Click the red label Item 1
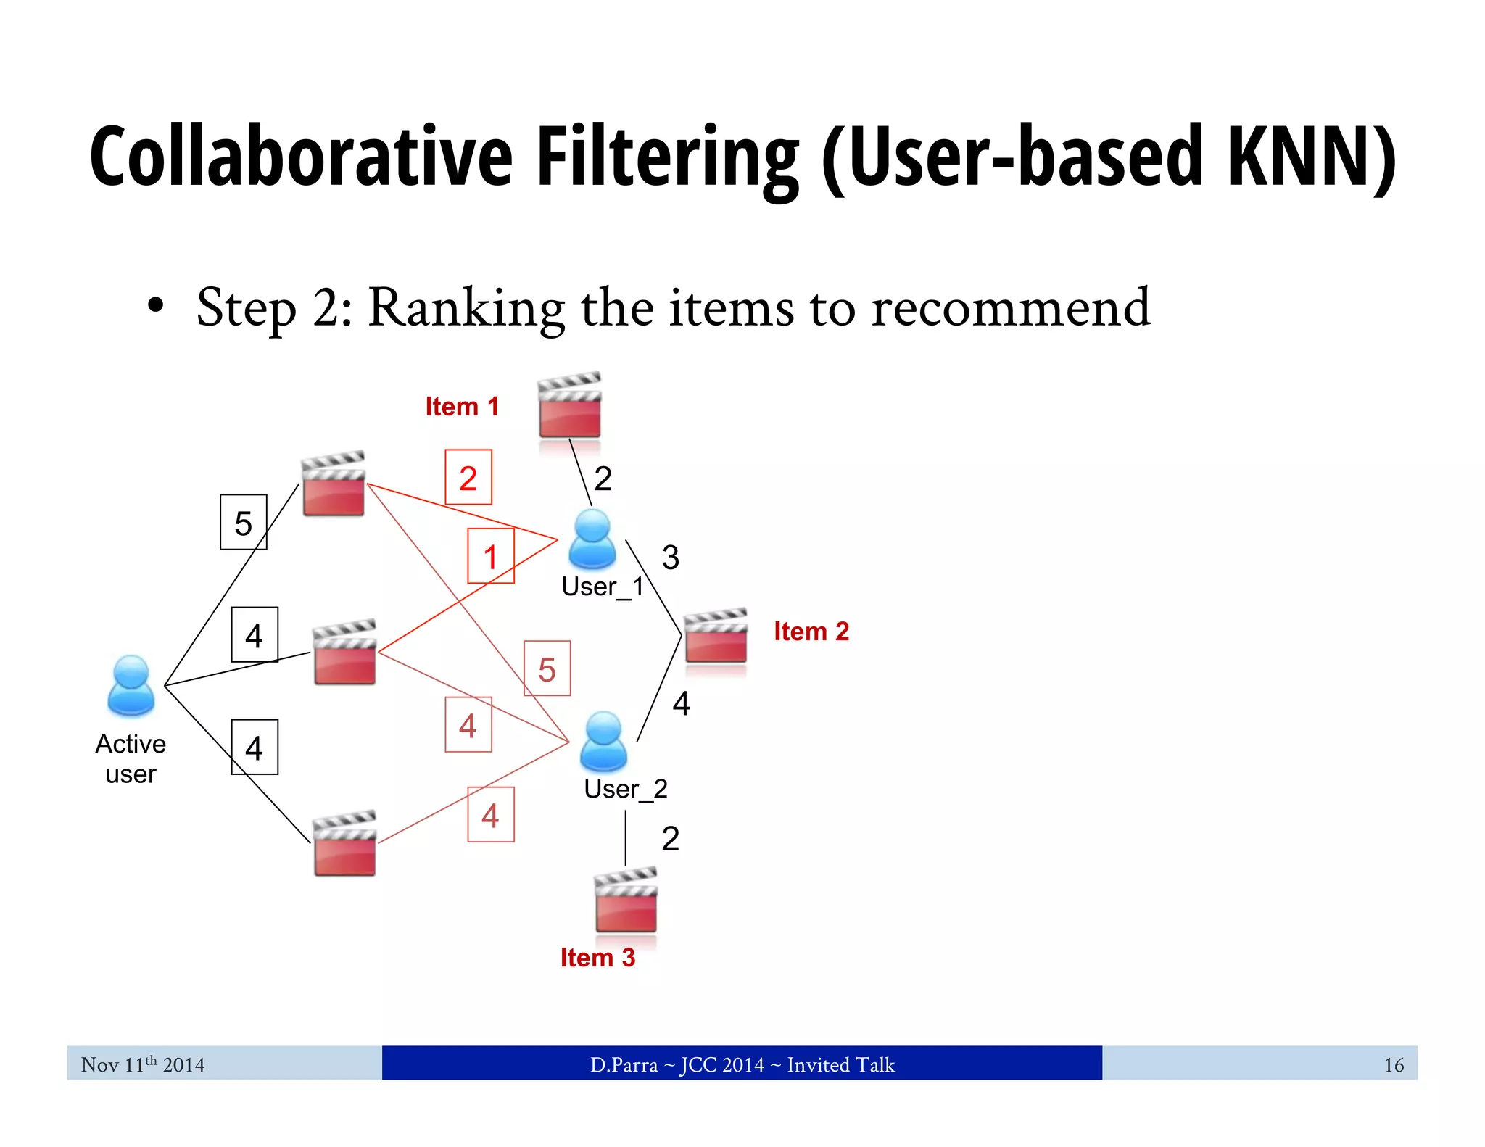(x=462, y=407)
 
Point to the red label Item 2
(x=811, y=632)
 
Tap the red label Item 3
(x=597, y=958)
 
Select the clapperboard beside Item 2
(x=716, y=636)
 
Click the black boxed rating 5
(x=244, y=523)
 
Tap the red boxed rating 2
(x=468, y=478)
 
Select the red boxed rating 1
(x=491, y=557)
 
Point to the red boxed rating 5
(x=547, y=669)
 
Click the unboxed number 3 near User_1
(x=671, y=558)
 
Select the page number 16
(x=1393, y=1064)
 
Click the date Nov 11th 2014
(x=143, y=1064)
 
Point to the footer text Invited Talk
(x=840, y=1064)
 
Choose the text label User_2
(x=625, y=789)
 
